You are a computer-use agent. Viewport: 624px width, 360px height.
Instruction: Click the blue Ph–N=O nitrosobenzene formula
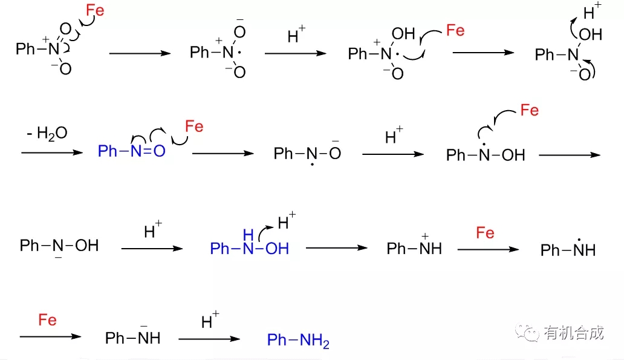click(x=131, y=151)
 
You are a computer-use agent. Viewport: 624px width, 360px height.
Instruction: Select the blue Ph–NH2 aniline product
click(x=298, y=341)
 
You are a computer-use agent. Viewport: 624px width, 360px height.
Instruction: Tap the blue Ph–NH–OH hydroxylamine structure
click(x=250, y=243)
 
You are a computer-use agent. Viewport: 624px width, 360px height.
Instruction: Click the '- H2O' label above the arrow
click(x=47, y=133)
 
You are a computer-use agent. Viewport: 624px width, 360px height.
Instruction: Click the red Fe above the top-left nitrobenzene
click(x=95, y=10)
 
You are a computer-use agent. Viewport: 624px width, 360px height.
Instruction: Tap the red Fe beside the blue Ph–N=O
click(x=194, y=126)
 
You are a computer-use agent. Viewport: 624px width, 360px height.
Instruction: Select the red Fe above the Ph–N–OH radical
click(x=530, y=110)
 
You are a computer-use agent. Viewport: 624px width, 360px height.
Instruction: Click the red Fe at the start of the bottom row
click(x=47, y=320)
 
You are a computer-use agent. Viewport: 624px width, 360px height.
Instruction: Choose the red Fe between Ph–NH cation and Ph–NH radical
click(x=485, y=232)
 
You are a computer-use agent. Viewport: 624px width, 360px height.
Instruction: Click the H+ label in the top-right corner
click(x=592, y=11)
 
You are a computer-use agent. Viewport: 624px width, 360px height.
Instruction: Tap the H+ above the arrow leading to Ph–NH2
click(x=210, y=320)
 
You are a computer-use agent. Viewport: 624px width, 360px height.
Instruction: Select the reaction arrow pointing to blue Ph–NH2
click(x=209, y=339)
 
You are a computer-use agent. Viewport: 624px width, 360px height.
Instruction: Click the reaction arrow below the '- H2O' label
click(x=52, y=152)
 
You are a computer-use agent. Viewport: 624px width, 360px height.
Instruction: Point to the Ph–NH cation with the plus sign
click(x=414, y=246)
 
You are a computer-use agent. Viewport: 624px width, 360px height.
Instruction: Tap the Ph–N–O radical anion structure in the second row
click(x=307, y=153)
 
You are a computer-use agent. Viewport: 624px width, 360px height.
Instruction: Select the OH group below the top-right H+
click(x=591, y=34)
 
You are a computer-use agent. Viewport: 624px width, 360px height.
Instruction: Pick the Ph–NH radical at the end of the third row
click(x=568, y=247)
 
